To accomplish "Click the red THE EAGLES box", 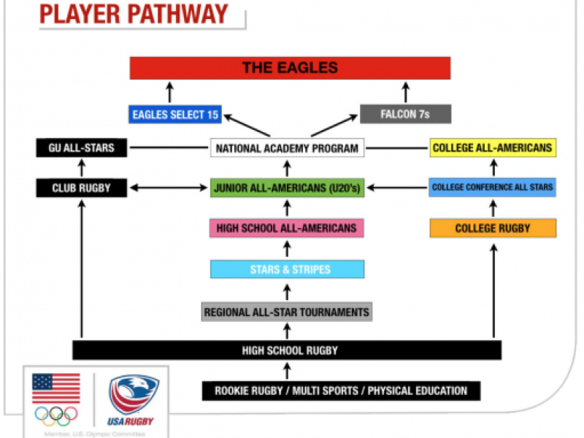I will click(x=290, y=68).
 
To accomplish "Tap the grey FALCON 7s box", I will click(x=405, y=114).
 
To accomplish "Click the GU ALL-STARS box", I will click(x=80, y=148).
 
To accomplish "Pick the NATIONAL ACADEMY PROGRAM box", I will click(x=288, y=148).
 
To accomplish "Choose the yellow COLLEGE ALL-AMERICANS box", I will click(x=493, y=148).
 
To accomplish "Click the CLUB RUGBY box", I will click(x=80, y=188).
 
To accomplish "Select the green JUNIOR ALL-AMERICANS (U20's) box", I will click(x=288, y=188).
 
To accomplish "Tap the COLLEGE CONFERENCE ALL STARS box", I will click(x=493, y=188).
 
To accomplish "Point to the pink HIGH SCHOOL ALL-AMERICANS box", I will click(x=287, y=228).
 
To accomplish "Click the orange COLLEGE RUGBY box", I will click(x=493, y=228).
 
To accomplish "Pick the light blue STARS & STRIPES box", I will click(x=287, y=269).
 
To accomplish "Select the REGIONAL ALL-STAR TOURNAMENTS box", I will click(x=287, y=312).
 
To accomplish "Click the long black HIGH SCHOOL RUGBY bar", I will click(x=287, y=350).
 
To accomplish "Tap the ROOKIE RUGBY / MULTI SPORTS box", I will click(x=341, y=391).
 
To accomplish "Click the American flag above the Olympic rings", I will click(x=56, y=388).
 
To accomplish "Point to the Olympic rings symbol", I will click(x=56, y=415).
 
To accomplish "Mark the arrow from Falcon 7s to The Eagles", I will click(x=406, y=92).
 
